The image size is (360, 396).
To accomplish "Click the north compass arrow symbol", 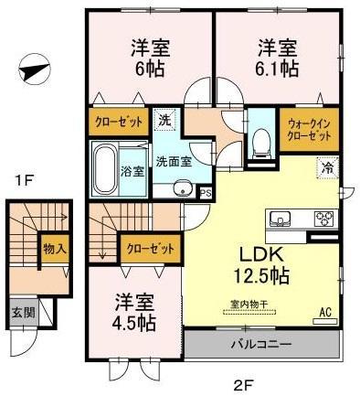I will click(33, 70).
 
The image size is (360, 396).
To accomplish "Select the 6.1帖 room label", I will click(276, 57).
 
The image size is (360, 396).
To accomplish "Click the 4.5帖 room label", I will click(135, 313).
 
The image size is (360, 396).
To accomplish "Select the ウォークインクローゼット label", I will click(312, 130).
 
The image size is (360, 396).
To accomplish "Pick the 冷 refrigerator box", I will click(325, 166).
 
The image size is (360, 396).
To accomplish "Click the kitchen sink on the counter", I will click(280, 219).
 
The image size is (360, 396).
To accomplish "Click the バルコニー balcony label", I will click(261, 346).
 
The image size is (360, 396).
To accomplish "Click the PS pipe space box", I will click(206, 192).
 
